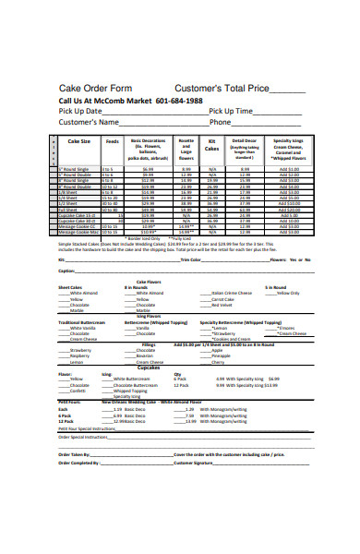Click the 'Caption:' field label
click(x=66, y=271)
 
